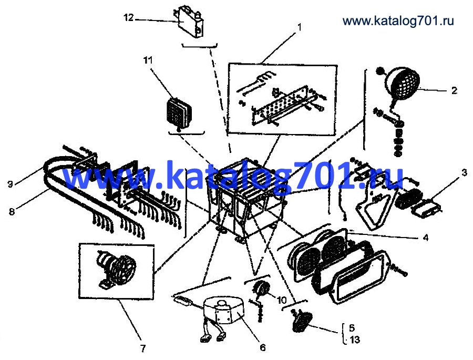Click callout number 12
click(128, 17)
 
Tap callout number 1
click(299, 27)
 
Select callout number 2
click(454, 90)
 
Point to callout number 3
click(464, 172)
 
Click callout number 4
click(425, 238)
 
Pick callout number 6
click(263, 347)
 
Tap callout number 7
click(143, 348)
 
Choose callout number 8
click(12, 212)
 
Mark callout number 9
click(11, 184)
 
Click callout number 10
click(281, 300)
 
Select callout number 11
click(148, 60)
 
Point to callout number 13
click(355, 340)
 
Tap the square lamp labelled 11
click(178, 112)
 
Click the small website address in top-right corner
click(398, 20)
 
